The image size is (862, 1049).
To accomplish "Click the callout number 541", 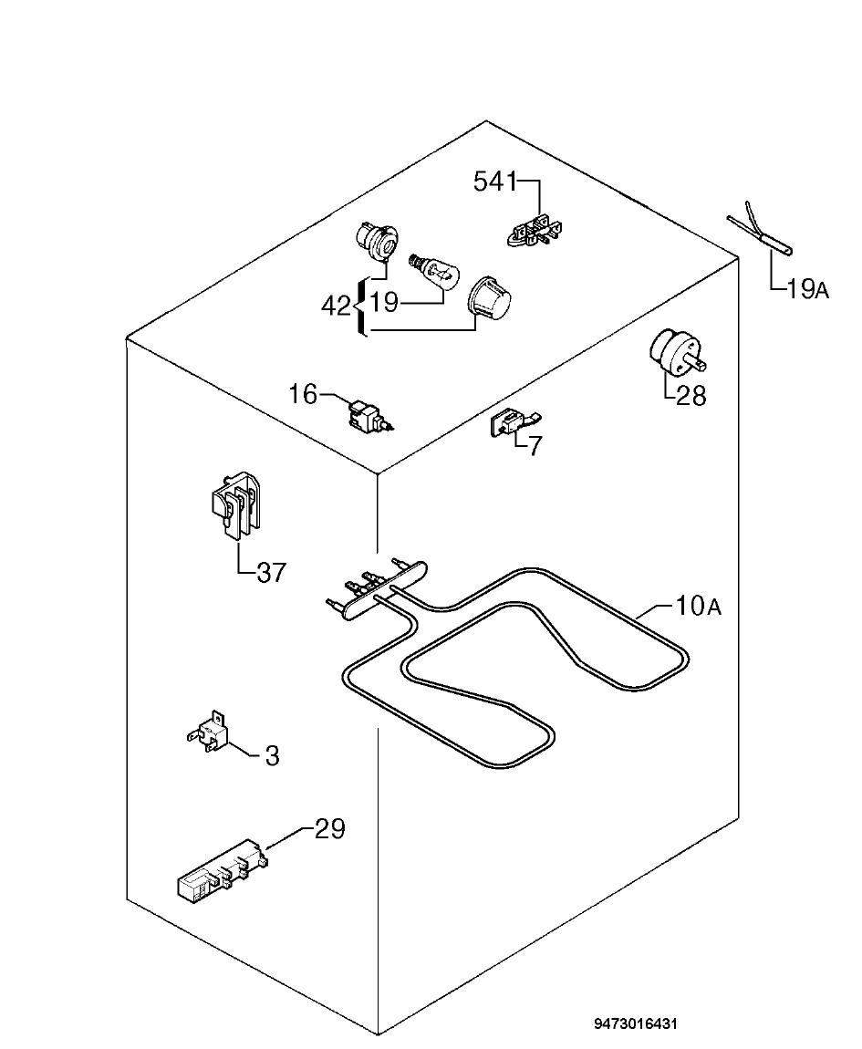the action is [x=495, y=182].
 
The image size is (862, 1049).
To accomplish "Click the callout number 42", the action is [x=336, y=306].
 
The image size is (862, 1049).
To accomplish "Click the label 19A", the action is [x=808, y=289].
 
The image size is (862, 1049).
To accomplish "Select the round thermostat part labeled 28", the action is [x=675, y=352].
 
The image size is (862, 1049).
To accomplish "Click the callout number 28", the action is [x=691, y=395].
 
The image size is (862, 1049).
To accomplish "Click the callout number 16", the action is [x=303, y=394].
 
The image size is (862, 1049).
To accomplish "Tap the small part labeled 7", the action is [x=515, y=423].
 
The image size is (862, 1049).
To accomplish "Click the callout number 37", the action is [x=271, y=573].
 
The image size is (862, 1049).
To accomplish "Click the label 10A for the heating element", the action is [x=698, y=606].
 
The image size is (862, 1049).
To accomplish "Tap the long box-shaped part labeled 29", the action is [x=221, y=867].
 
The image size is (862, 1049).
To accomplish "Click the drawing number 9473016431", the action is [x=636, y=1024].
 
